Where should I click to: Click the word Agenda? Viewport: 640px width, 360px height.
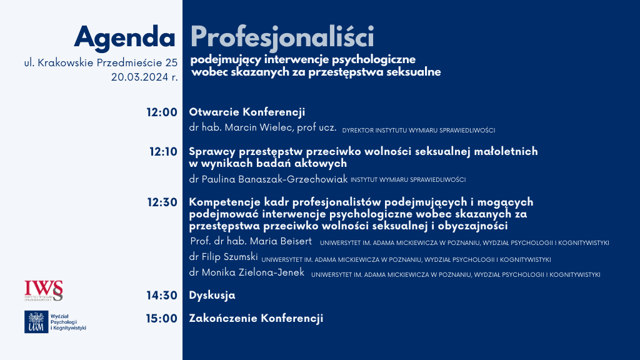tap(125, 38)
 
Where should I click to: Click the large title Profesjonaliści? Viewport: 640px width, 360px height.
tap(282, 37)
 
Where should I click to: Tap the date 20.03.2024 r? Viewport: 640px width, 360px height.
tap(144, 77)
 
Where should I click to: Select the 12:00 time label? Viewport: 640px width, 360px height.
tap(162, 112)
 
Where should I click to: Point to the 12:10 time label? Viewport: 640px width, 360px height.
tap(163, 152)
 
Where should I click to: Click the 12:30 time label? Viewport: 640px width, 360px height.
tap(162, 202)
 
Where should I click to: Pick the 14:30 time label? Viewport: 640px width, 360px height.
tap(162, 295)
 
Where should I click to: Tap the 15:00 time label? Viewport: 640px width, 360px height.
tap(162, 318)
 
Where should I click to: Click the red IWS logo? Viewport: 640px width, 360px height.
tap(44, 291)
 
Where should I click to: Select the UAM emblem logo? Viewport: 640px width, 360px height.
tap(36, 322)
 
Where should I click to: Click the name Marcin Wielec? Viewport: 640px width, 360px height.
tap(259, 127)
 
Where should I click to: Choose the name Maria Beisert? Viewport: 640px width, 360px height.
tap(281, 241)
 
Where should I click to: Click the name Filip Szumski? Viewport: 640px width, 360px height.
tap(230, 257)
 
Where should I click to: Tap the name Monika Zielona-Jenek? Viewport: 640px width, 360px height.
tap(253, 272)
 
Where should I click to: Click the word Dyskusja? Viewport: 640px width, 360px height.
tap(212, 295)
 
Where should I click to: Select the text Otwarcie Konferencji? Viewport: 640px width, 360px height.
tap(247, 112)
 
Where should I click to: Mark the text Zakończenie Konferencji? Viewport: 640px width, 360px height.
tap(256, 318)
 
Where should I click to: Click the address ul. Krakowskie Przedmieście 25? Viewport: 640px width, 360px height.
tap(101, 63)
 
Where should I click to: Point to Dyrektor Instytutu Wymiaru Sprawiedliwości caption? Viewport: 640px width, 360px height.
tap(419, 130)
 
